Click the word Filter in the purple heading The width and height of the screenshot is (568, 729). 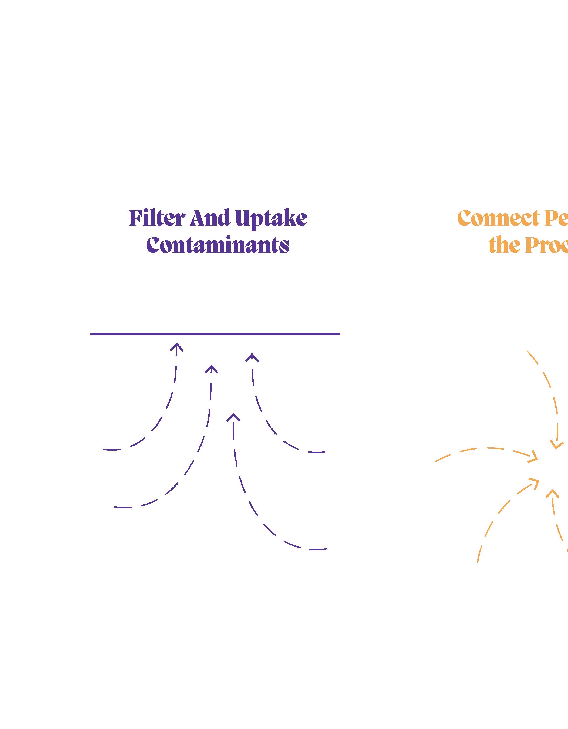pos(157,218)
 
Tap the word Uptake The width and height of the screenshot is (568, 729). pos(271,219)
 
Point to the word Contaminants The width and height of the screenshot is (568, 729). pos(218,245)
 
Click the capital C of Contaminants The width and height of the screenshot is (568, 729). pos(152,245)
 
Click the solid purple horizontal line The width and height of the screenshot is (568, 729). pos(215,334)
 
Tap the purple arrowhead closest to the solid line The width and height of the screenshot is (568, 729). pos(176,347)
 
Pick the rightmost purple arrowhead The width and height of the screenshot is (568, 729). pos(252,357)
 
